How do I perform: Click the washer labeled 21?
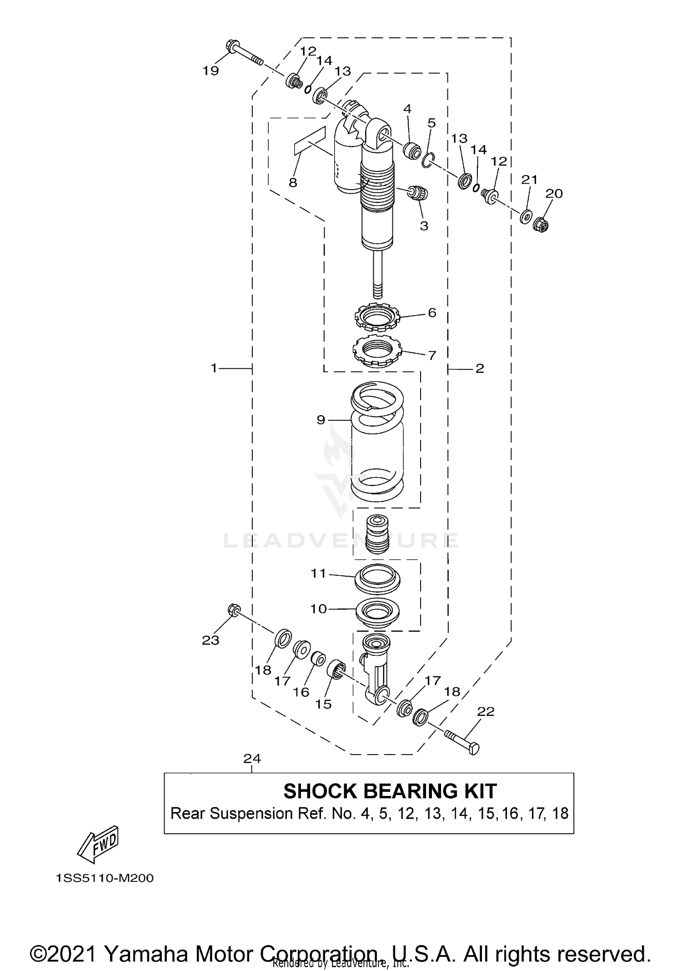tap(525, 217)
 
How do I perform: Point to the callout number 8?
tap(293, 182)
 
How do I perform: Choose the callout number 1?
tap(214, 368)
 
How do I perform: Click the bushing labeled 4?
tap(412, 150)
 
